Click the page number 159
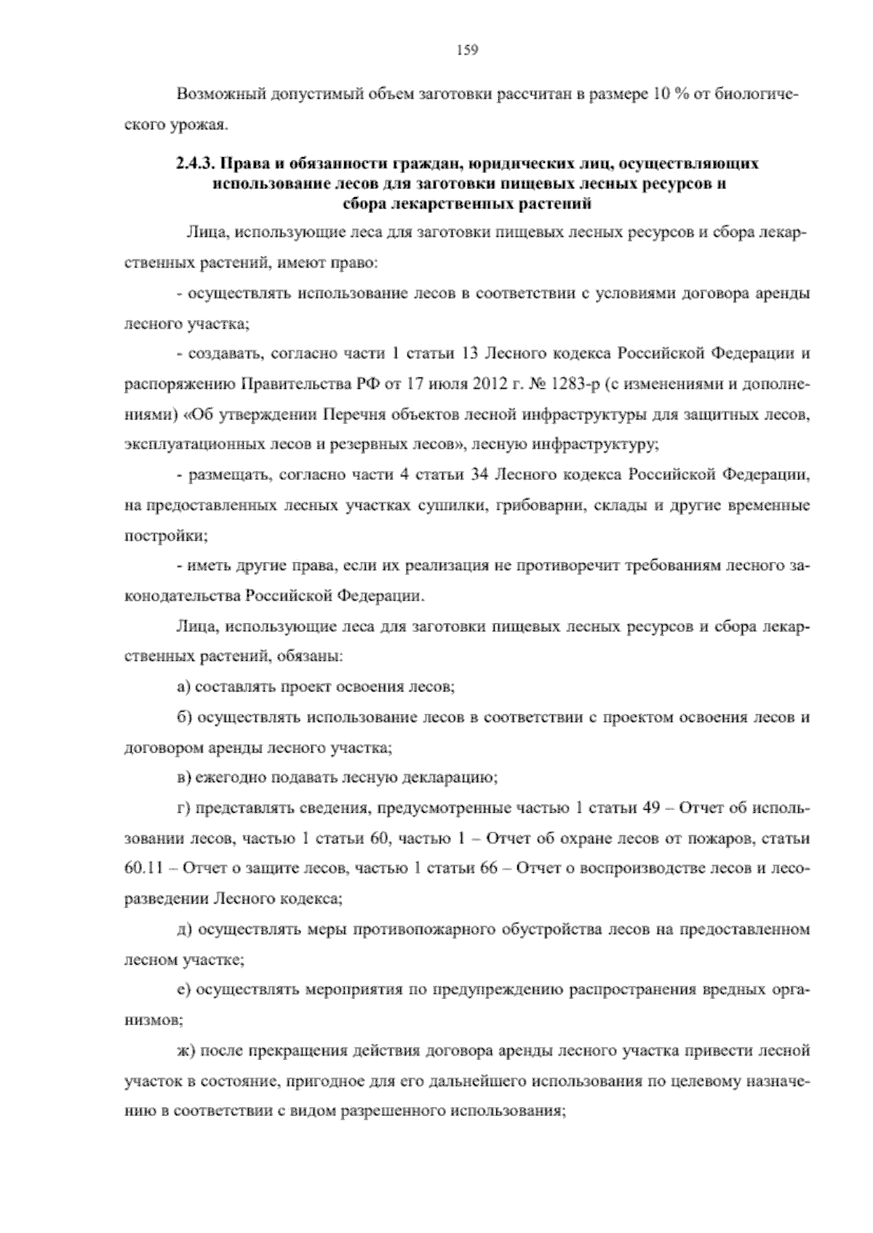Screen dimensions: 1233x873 click(466, 50)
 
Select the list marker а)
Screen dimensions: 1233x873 click(185, 686)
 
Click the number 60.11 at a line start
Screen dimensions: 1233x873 click(143, 868)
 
